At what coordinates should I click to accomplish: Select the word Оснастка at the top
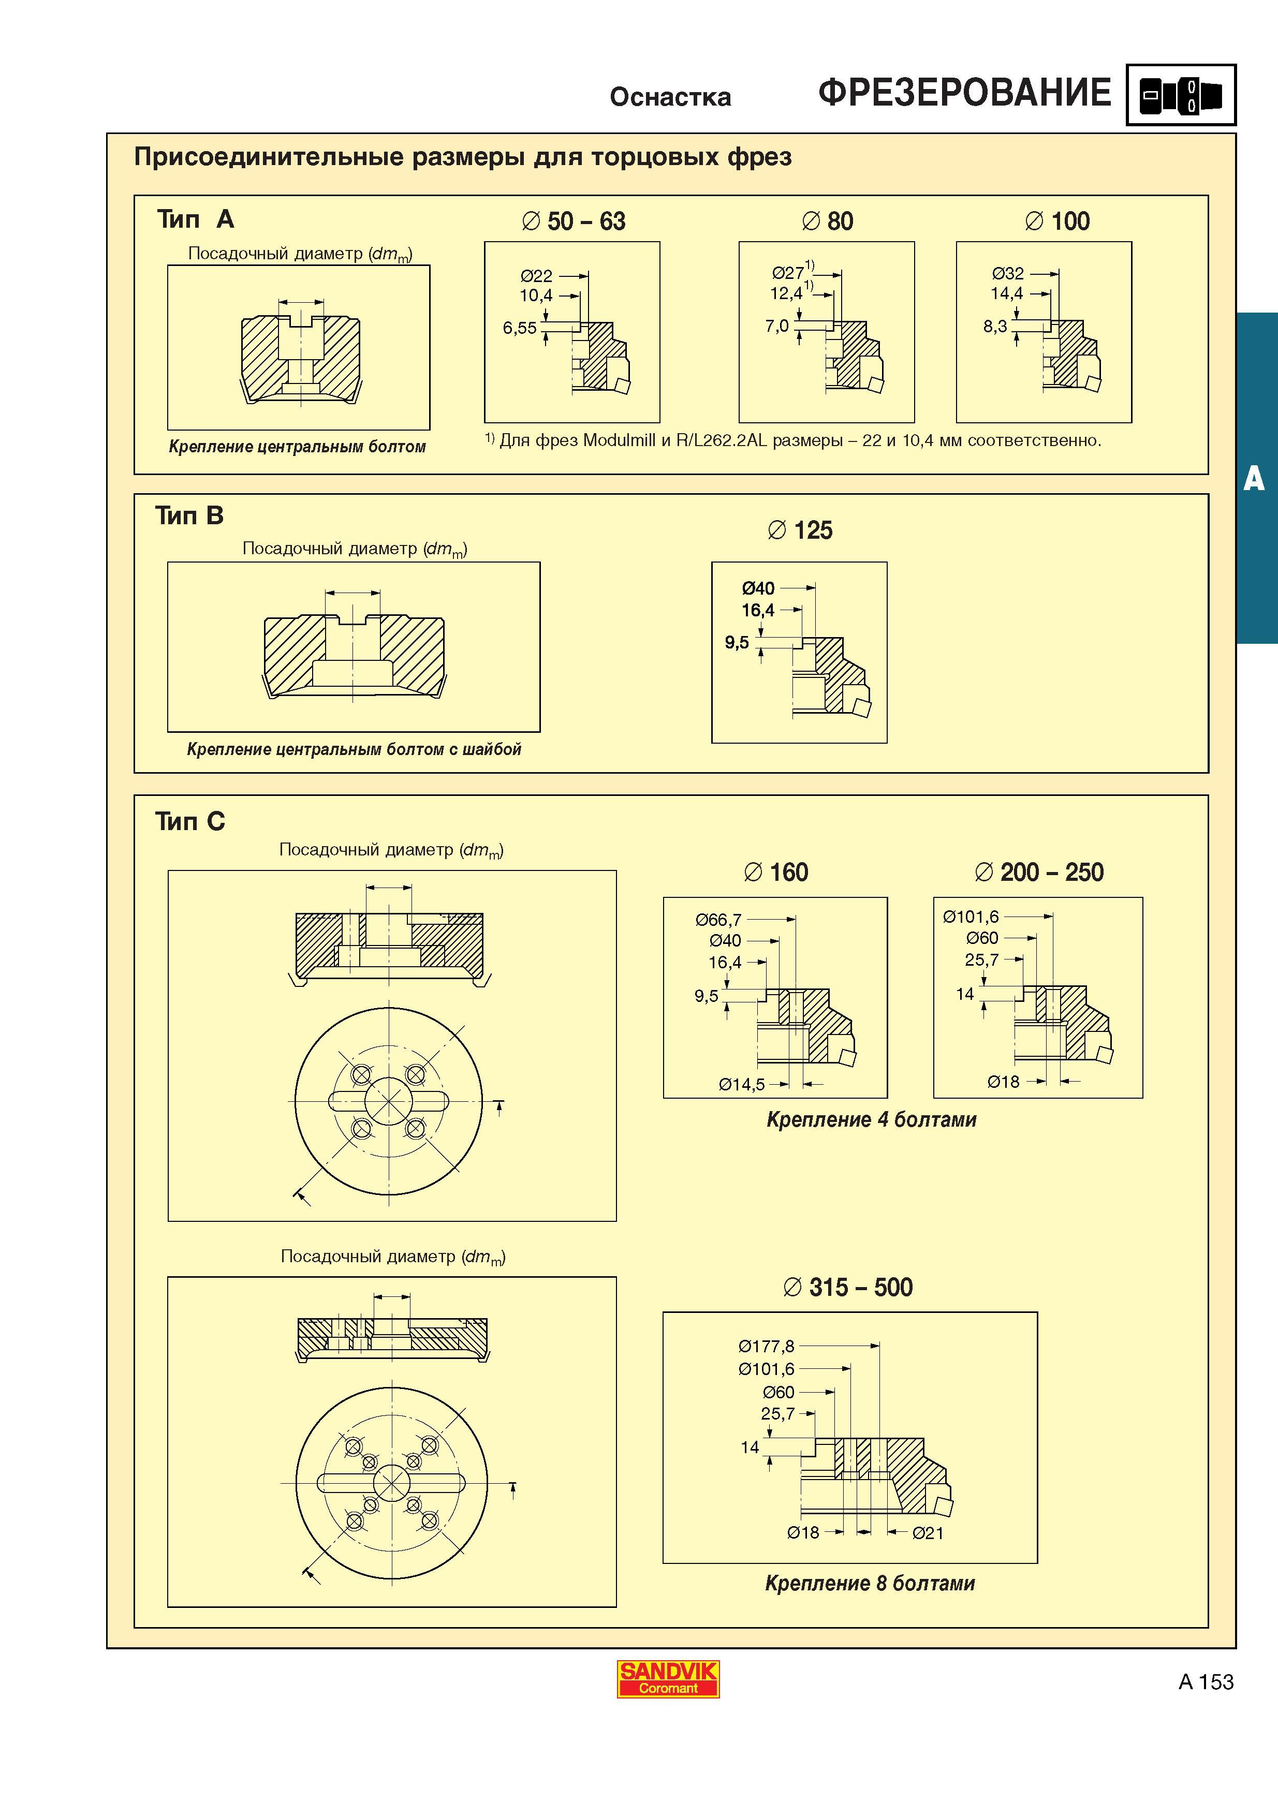point(670,97)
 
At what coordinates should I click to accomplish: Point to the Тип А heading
point(196,219)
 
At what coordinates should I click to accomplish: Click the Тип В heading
point(190,516)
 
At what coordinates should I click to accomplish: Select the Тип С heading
point(190,821)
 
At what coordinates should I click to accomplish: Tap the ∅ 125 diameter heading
point(800,530)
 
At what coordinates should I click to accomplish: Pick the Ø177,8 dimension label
point(766,1346)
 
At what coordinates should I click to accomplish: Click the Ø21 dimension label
point(928,1533)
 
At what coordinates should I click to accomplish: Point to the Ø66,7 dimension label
point(718,920)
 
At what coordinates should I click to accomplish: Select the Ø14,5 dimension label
point(741,1084)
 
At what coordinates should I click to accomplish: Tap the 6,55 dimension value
point(520,328)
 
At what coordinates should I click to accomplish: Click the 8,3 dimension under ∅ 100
point(995,326)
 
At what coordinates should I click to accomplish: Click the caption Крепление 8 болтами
point(870,1584)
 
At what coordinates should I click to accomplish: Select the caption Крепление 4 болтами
point(871,1120)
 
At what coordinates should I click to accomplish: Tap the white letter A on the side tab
point(1254,479)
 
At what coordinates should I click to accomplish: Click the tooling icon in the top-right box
point(1181,96)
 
